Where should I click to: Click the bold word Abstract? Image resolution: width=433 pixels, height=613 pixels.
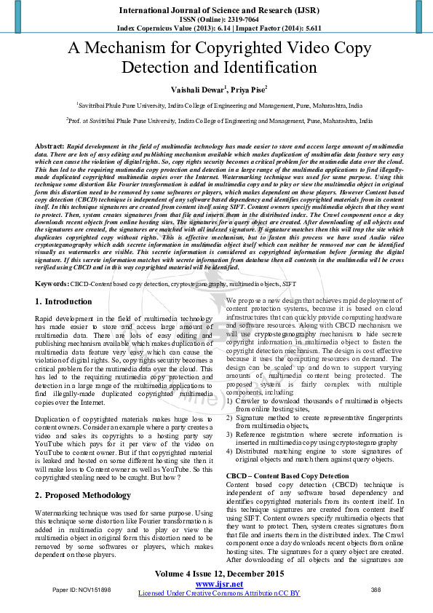[x=49, y=146]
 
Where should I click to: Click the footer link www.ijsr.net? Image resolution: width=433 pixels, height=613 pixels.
[x=218, y=584]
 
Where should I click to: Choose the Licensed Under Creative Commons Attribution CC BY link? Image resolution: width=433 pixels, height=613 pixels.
[x=218, y=593]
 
